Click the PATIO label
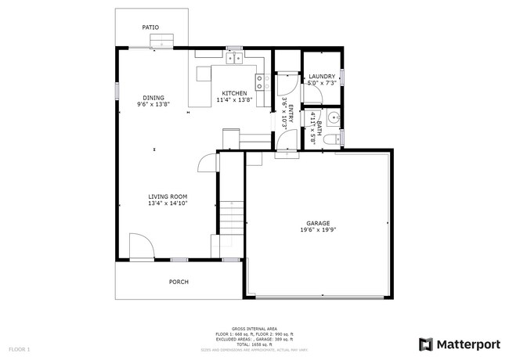click(x=150, y=27)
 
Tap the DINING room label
click(x=153, y=97)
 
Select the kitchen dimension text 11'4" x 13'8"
click(x=234, y=100)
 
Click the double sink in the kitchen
click(x=234, y=57)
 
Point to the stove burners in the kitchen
click(x=258, y=82)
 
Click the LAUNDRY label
click(x=322, y=76)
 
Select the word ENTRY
click(x=291, y=113)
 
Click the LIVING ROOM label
click(x=168, y=196)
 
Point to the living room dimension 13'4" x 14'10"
click(x=168, y=203)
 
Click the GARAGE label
click(x=317, y=223)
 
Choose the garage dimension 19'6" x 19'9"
click(x=317, y=230)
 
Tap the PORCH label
click(x=179, y=282)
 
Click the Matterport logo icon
click(x=425, y=344)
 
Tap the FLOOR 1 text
click(x=20, y=348)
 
